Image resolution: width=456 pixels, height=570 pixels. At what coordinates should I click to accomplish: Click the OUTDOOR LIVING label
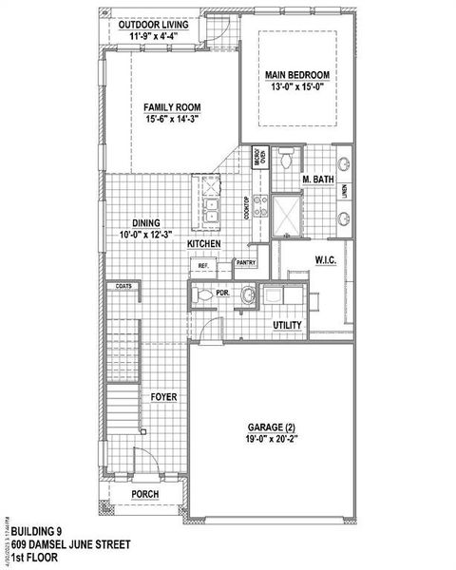point(160,25)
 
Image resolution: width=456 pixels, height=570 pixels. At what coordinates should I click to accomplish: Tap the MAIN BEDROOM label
point(296,74)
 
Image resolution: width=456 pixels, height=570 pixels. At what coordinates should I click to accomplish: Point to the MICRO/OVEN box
point(257,158)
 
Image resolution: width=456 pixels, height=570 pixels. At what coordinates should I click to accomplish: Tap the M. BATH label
point(316,180)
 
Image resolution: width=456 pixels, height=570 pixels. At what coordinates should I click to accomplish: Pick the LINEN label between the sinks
point(345,193)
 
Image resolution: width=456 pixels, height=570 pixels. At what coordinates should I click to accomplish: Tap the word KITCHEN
point(203,244)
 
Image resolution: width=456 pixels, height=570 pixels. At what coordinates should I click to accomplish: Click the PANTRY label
point(246,262)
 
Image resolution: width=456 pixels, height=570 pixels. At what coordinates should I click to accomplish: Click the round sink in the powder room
point(249,295)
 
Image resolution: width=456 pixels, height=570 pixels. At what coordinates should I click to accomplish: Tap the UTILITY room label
point(287,325)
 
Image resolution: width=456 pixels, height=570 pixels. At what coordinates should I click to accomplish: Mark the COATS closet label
point(123,285)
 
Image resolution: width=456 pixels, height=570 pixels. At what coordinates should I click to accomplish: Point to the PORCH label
point(145,494)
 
